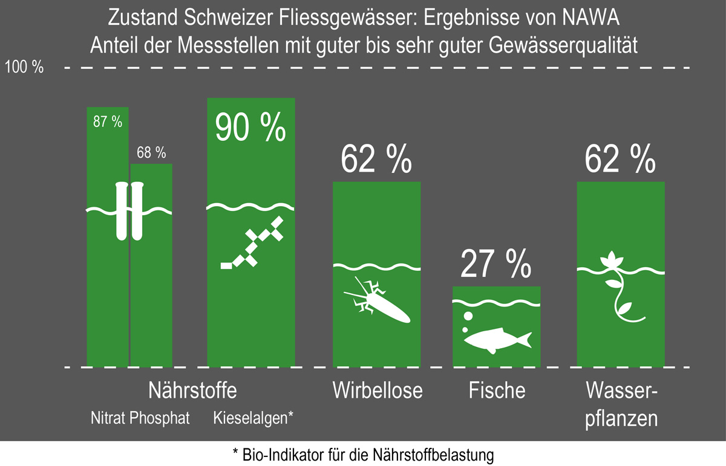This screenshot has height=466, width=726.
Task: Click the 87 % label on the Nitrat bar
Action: tap(108, 122)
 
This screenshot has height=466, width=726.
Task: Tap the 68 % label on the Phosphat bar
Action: tap(151, 154)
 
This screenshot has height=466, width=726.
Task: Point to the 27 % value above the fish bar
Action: tap(496, 263)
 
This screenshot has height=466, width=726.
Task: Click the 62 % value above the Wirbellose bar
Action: tap(376, 158)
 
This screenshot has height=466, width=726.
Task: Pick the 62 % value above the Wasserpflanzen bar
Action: tap(621, 158)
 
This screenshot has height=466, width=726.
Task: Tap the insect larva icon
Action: tap(378, 302)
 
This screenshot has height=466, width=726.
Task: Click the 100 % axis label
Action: tap(24, 68)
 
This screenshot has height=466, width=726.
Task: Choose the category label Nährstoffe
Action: tap(192, 390)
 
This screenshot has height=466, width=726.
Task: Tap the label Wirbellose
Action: tap(377, 390)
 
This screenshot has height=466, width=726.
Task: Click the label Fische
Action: tap(497, 390)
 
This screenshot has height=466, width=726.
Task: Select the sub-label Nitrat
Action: tap(108, 418)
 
